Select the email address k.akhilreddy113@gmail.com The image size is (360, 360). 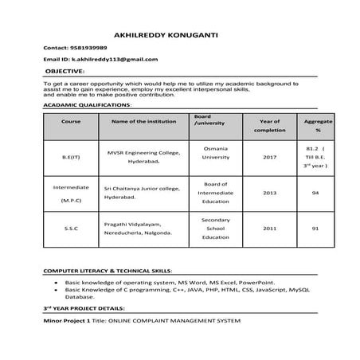(115, 60)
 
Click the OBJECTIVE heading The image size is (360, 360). (65, 71)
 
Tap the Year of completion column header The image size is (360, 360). (269, 125)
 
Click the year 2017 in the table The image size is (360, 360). (269, 157)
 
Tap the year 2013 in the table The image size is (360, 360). (269, 193)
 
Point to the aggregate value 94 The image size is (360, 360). (315, 193)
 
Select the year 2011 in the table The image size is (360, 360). (269, 229)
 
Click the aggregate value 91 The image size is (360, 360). (315, 229)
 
